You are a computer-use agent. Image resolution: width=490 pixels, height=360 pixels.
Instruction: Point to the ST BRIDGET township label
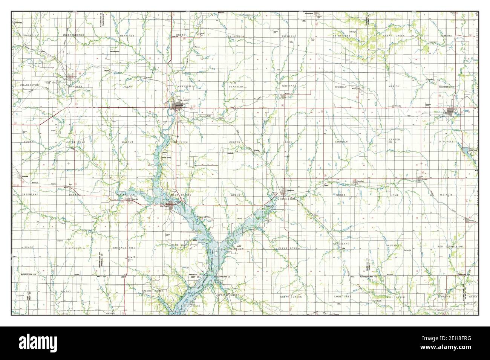tap(342, 36)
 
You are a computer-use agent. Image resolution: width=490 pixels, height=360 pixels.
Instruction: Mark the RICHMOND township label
tap(447, 87)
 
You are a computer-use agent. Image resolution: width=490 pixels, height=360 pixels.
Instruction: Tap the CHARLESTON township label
tap(30, 85)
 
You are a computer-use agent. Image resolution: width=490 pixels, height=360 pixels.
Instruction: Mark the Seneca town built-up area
tap(450, 111)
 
